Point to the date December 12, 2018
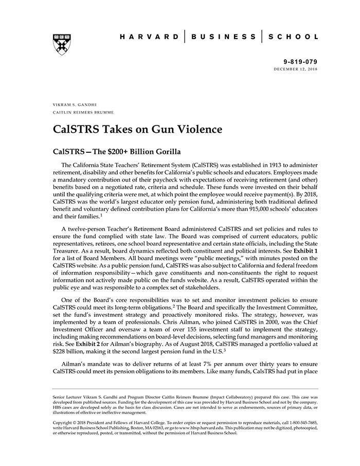pyautogui.click(x=296, y=68)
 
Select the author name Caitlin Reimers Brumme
pyautogui.click(x=83, y=112)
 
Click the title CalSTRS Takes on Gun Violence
pyautogui.click(x=138, y=129)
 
